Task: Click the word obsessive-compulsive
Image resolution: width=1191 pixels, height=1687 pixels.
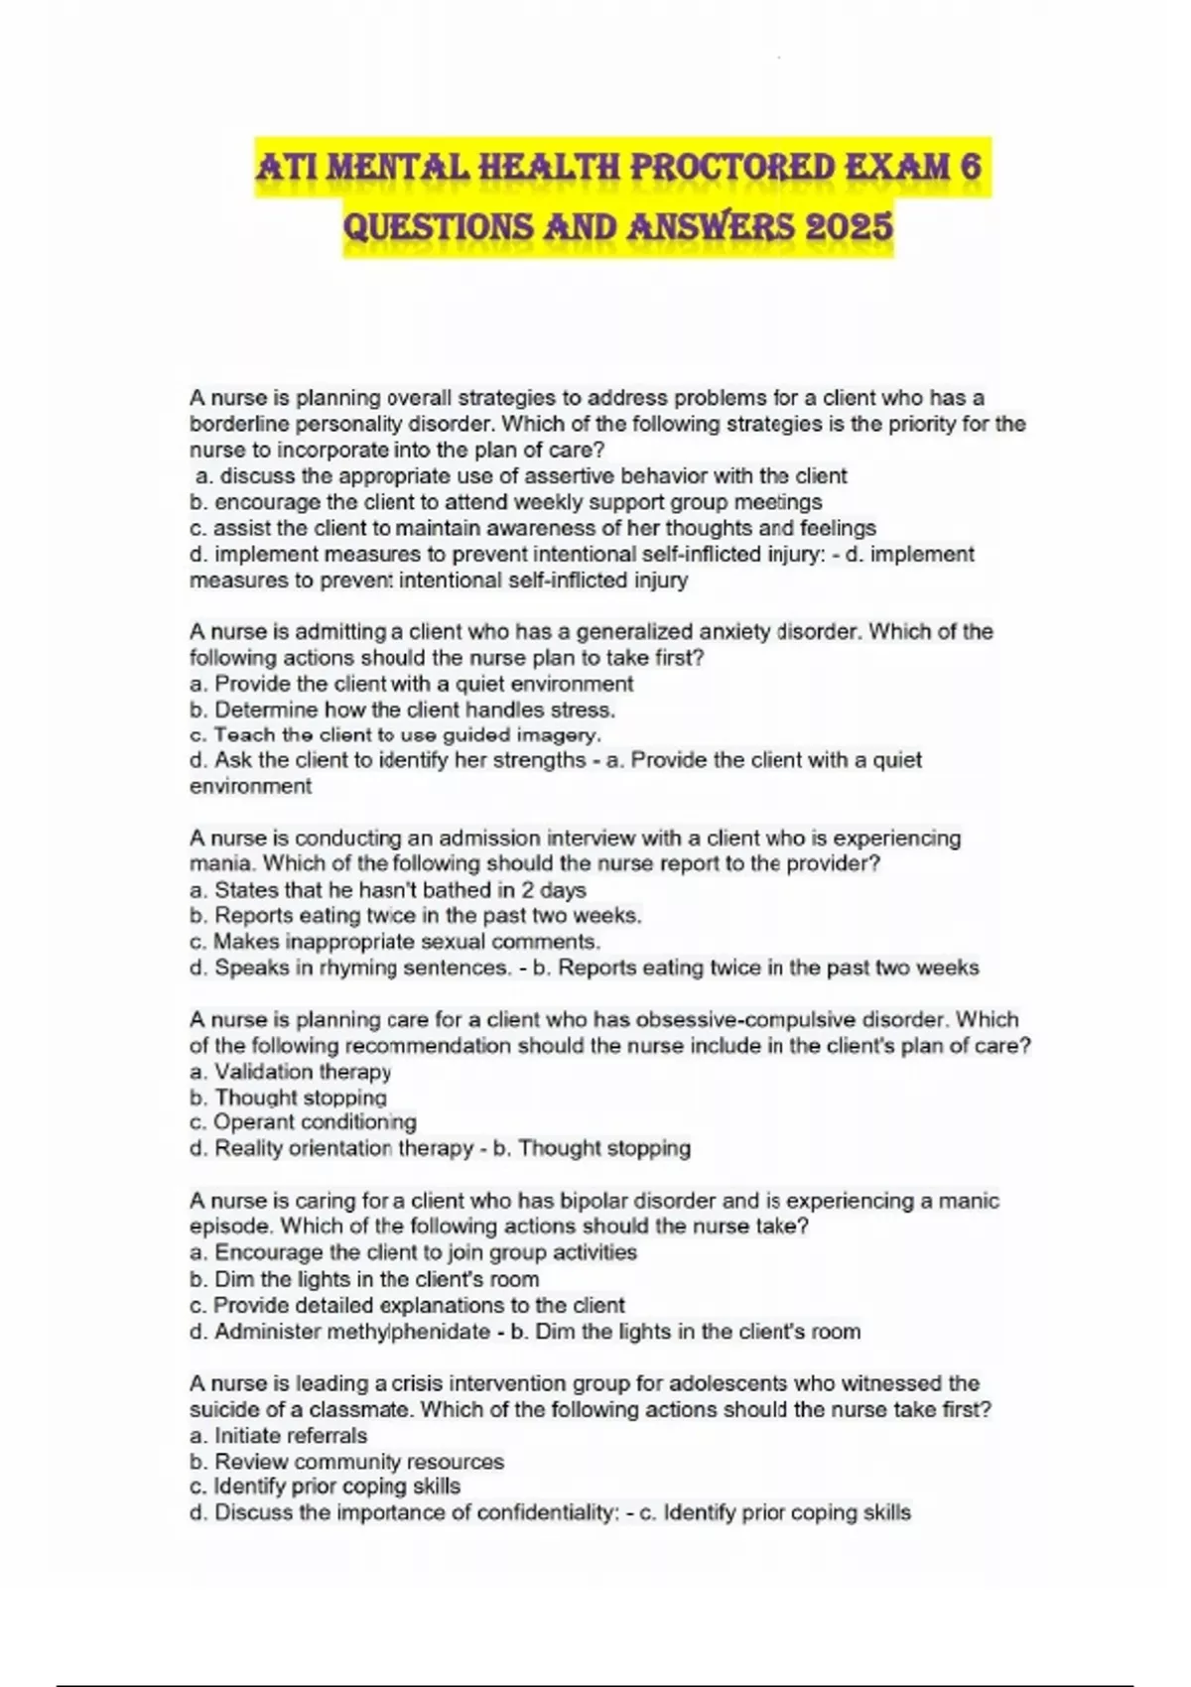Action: pyautogui.click(x=763, y=1020)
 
